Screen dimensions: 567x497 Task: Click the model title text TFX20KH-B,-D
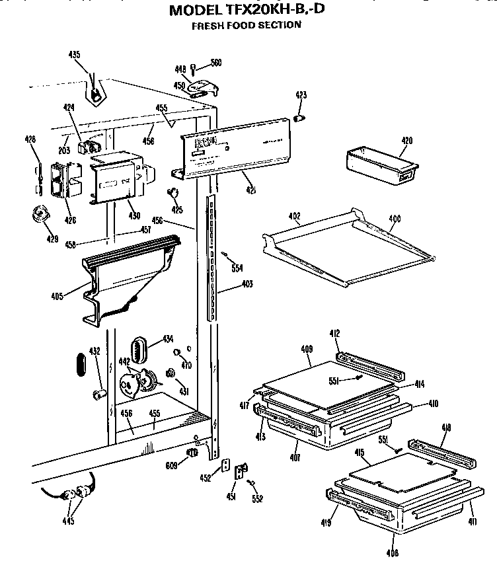248,10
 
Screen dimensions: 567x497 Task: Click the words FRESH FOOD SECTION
246,25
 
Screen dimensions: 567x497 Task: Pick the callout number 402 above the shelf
294,216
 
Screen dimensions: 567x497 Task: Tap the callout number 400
394,217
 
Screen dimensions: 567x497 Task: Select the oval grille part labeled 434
138,348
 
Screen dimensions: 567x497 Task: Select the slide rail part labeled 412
366,363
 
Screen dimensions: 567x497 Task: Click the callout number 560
215,63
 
